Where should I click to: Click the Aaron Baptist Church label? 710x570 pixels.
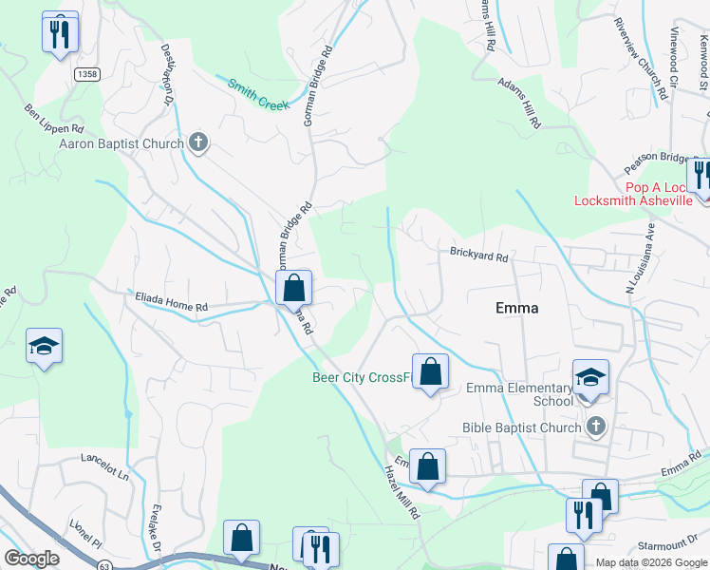(121, 144)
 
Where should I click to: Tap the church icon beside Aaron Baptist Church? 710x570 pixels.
(198, 143)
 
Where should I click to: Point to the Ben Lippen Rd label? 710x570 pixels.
(55, 117)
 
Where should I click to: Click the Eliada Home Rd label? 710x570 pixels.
(170, 306)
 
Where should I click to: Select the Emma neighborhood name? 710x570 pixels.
(517, 308)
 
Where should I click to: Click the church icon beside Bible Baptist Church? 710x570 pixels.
(595, 426)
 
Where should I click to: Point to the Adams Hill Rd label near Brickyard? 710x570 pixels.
(520, 103)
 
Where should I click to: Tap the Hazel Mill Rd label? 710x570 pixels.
(402, 490)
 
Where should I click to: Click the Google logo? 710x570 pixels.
(31, 559)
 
